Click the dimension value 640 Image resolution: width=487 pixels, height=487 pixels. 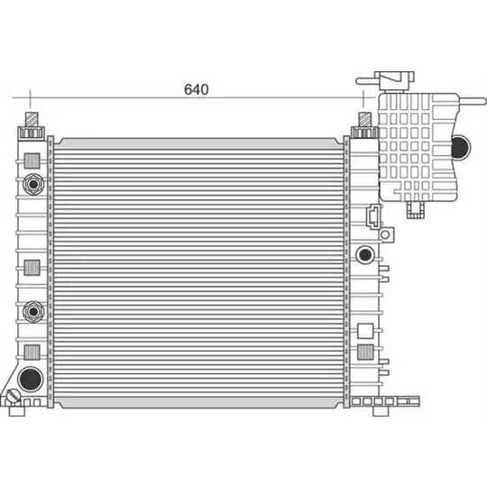click(x=196, y=88)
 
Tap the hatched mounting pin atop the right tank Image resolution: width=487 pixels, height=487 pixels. click(x=364, y=119)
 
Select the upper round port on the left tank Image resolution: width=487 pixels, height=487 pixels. click(x=33, y=184)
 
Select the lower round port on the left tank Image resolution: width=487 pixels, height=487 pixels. click(x=33, y=311)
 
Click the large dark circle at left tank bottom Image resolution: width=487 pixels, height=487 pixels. click(x=31, y=377)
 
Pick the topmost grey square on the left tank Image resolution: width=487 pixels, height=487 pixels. click(x=32, y=160)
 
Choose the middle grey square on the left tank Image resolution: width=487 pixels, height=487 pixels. click(x=32, y=267)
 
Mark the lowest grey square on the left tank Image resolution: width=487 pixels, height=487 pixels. click(x=32, y=351)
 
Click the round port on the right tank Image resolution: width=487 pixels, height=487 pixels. click(x=365, y=254)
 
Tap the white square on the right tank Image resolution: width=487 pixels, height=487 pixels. click(x=365, y=330)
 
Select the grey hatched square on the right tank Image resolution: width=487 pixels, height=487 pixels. click(x=365, y=352)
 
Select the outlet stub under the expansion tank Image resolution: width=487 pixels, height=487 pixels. click(x=415, y=210)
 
